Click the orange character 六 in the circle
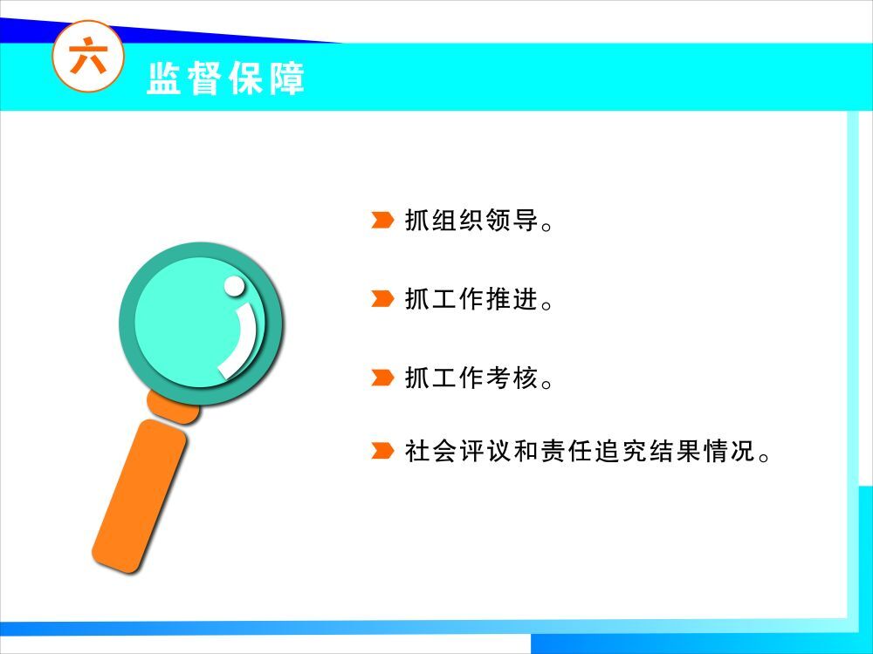click(x=88, y=55)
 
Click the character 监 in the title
click(x=164, y=78)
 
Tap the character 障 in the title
click(x=287, y=78)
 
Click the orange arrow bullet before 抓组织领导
click(x=382, y=220)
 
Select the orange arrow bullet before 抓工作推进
click(x=382, y=298)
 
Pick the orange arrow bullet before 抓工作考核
click(x=382, y=378)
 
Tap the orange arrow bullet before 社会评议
click(x=382, y=451)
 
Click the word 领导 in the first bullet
click(x=512, y=220)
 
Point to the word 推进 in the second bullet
click(x=512, y=298)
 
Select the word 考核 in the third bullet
click(x=512, y=378)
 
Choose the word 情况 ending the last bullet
click(x=729, y=451)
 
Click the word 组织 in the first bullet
click(x=457, y=220)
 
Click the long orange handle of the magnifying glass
click(x=139, y=496)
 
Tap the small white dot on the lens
click(x=234, y=286)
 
